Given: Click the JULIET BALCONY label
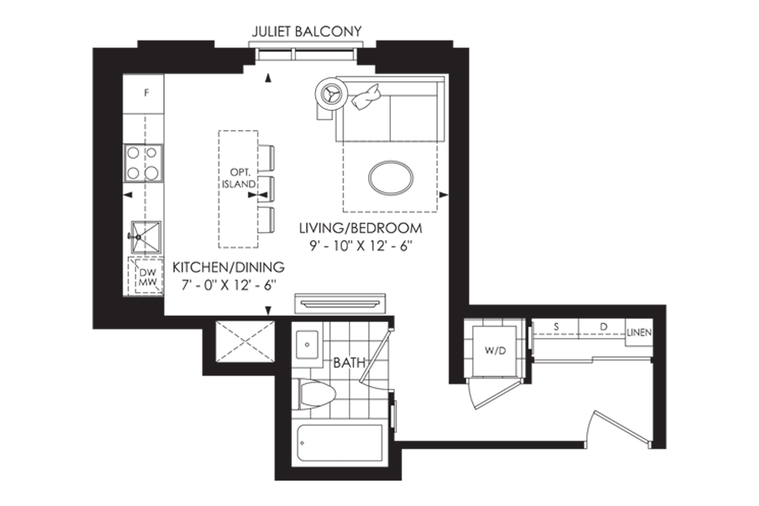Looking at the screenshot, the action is tap(307, 31).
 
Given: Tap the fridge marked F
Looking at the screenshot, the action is tap(143, 94).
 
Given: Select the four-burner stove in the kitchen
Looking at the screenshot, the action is tap(143, 163).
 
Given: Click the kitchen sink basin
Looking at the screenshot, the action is tap(146, 236).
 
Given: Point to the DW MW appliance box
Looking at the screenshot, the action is tap(145, 277).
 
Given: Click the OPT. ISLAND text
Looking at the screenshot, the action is tap(239, 178).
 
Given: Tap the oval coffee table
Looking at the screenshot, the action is tap(391, 178).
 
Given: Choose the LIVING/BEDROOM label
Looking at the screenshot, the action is tap(360, 228).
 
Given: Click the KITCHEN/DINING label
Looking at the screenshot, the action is tap(228, 267).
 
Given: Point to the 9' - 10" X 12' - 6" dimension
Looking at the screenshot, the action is tap(360, 246).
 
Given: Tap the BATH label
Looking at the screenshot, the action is tap(349, 362).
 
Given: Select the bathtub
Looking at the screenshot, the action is tap(340, 443).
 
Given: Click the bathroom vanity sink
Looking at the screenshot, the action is tap(307, 345).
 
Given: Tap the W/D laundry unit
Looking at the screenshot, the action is tap(495, 350).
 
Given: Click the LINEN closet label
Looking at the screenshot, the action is tap(639, 333).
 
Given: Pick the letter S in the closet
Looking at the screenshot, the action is tap(556, 327).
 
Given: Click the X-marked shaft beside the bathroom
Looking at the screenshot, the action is tap(245, 341).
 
